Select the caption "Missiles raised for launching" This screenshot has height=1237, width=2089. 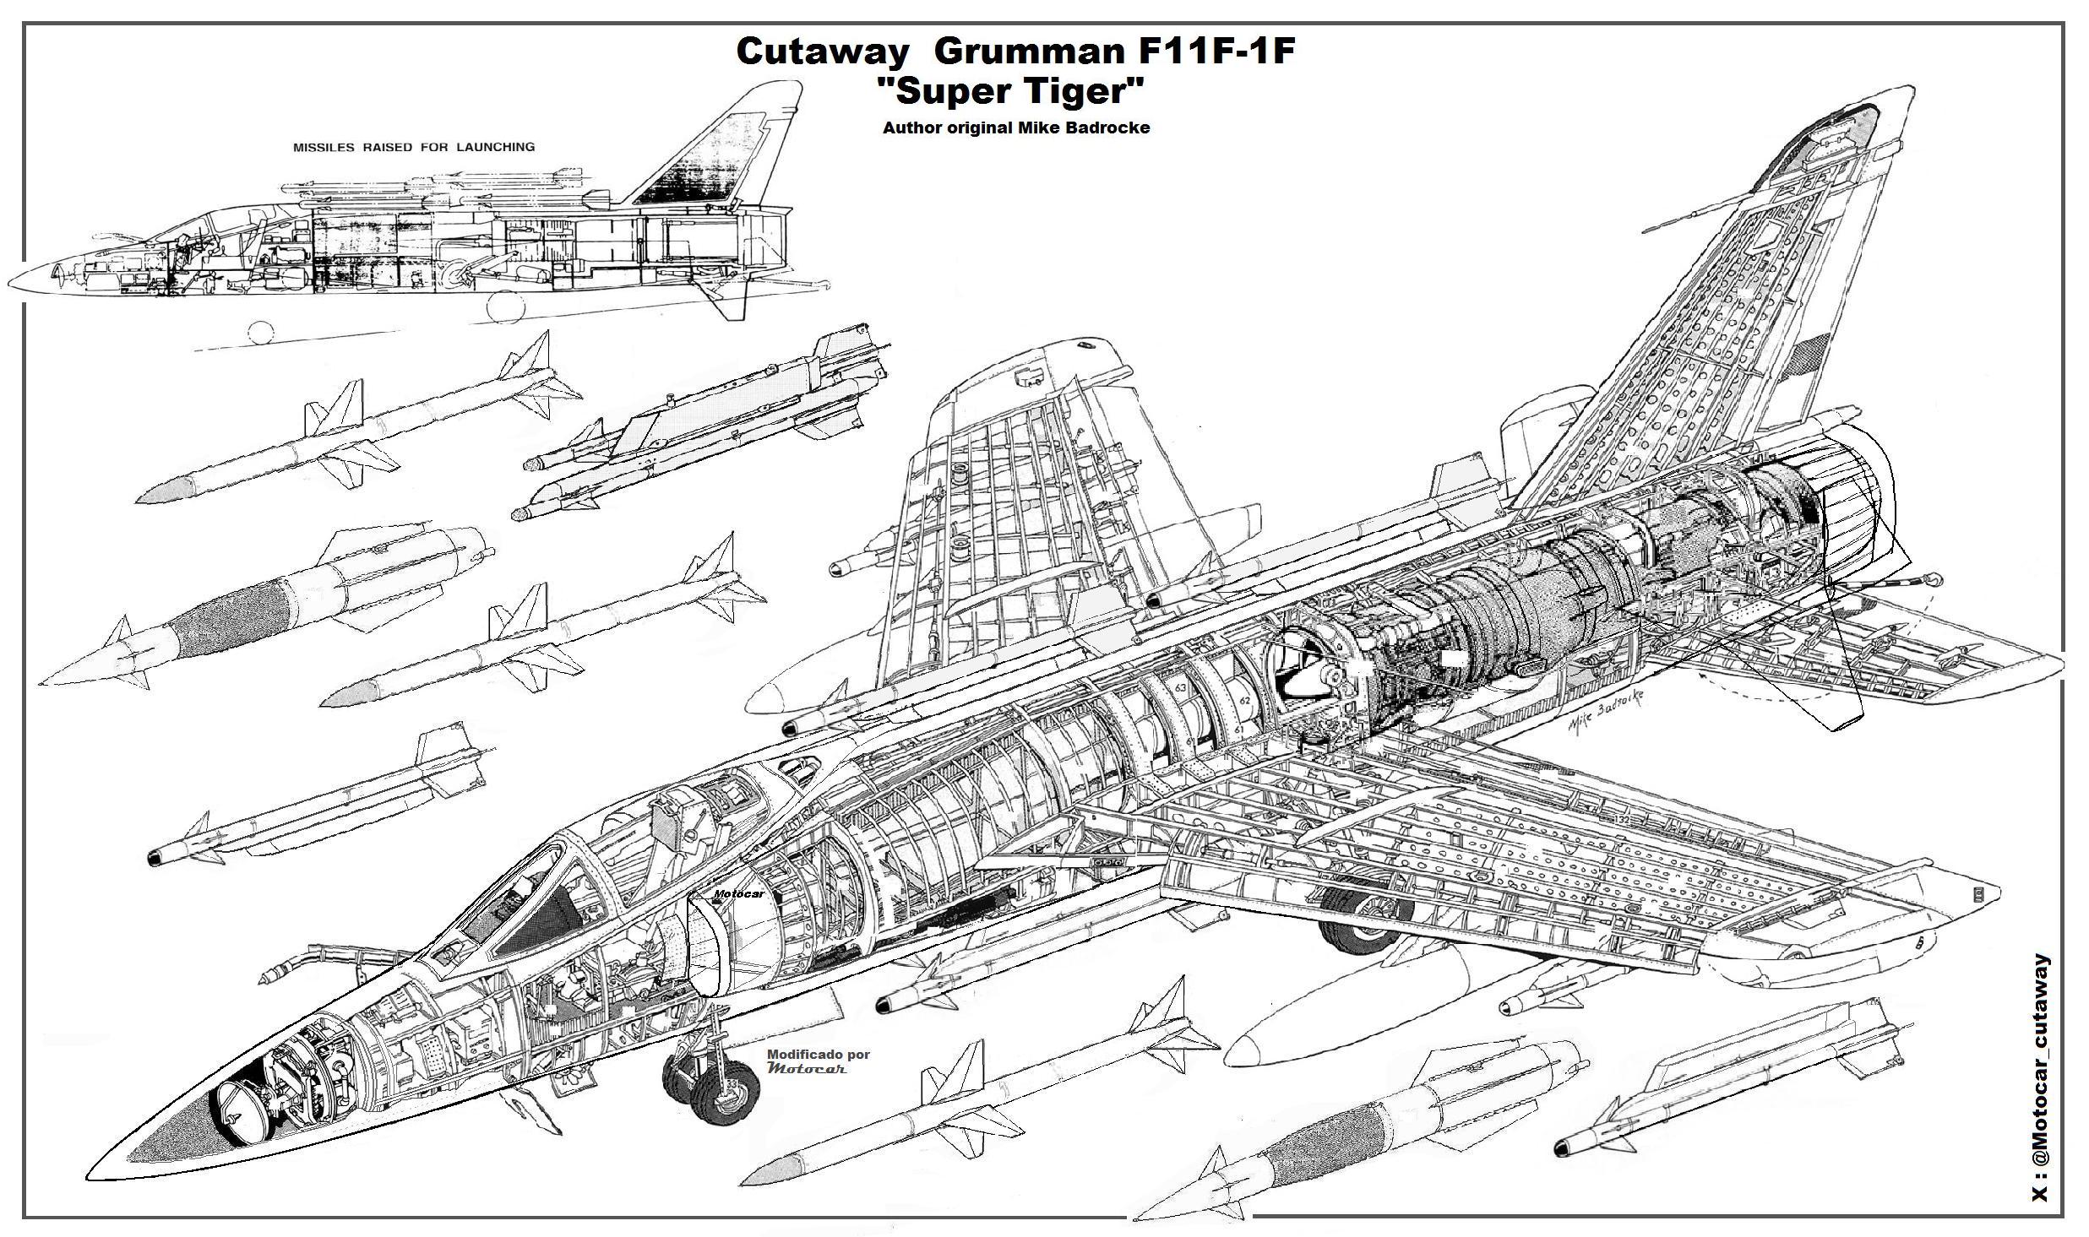[x=413, y=147]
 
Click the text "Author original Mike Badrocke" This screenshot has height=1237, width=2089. [x=1015, y=128]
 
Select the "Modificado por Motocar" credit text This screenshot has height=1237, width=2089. [x=817, y=1061]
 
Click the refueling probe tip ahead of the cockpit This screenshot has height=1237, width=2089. [x=269, y=976]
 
